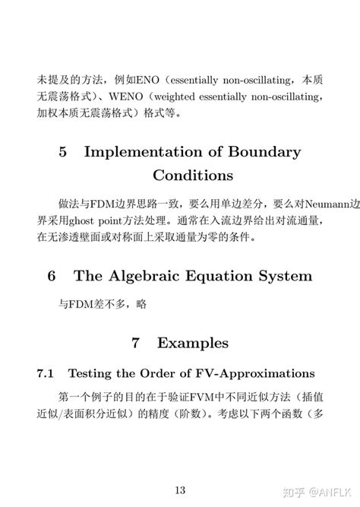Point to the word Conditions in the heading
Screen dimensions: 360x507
193,176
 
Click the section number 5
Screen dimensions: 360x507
63,152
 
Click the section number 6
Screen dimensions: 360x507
52,275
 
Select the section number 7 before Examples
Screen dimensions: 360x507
135,344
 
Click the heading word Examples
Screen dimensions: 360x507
193,344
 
